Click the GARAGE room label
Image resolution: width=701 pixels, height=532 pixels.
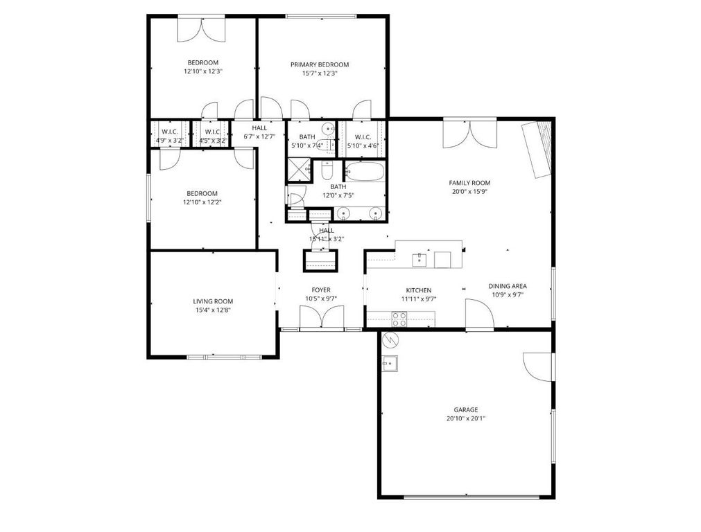coord(466,409)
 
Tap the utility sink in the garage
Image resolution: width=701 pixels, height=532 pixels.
coord(389,363)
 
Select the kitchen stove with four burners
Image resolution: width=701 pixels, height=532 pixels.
coord(399,319)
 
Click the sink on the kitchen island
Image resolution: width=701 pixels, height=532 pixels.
coord(419,259)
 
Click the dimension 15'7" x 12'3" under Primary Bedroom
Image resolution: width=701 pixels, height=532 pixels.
coord(319,73)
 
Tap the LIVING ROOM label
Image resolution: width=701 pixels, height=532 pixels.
coord(213,301)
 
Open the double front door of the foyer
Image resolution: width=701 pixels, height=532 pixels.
coord(320,318)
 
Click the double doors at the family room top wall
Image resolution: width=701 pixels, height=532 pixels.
coord(469,132)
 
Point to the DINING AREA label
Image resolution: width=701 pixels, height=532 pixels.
coord(508,285)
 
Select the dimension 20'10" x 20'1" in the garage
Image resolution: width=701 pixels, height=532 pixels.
coord(466,418)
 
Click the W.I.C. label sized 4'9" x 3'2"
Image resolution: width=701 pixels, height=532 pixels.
coord(169,132)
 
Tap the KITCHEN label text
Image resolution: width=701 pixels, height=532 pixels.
coord(419,290)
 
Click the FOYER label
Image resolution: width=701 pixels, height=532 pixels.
coord(320,290)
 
